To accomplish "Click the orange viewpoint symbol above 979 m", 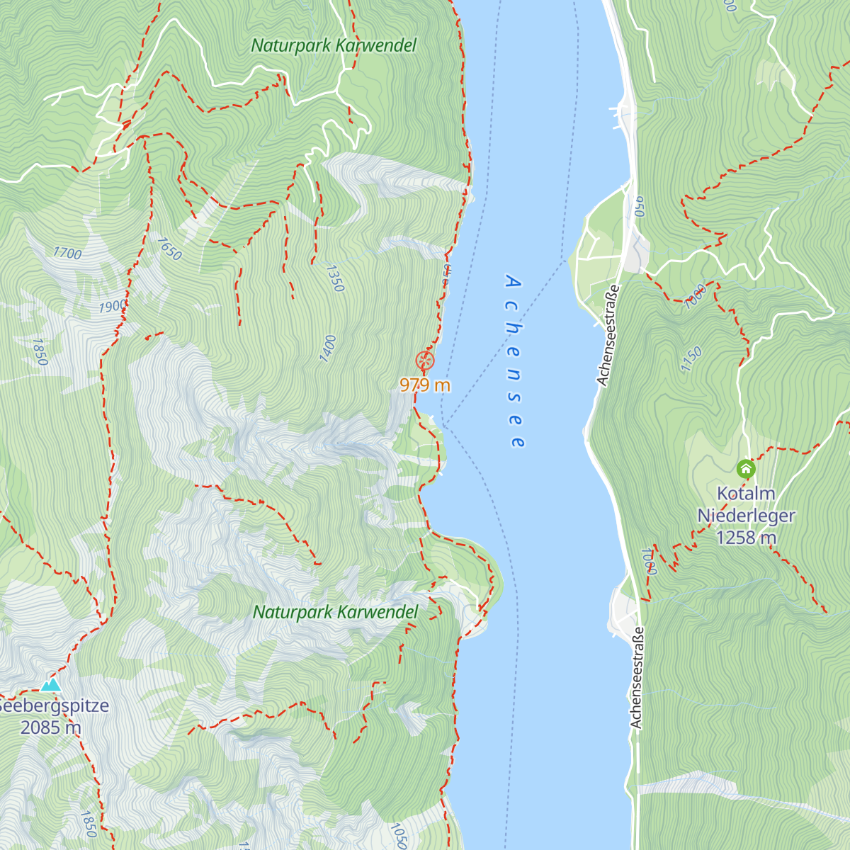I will [424, 360].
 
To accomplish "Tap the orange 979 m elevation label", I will [424, 385].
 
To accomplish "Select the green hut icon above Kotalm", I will [745, 468].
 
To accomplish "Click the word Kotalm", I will [746, 494].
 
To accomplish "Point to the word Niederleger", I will [746, 516].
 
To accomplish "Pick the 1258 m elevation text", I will [746, 538].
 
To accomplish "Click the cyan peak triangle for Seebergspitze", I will [50, 684].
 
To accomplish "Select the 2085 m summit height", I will [50, 727].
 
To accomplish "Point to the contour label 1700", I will [67, 253].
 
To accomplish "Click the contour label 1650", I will [169, 249].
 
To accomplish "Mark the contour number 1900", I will [112, 307].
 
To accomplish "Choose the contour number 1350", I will [334, 278].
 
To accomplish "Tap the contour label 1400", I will [328, 349].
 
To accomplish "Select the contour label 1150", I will [691, 359].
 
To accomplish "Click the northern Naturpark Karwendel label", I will [334, 46].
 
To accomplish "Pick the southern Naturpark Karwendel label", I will [335, 612].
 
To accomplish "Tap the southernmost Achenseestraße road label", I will [637, 677].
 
